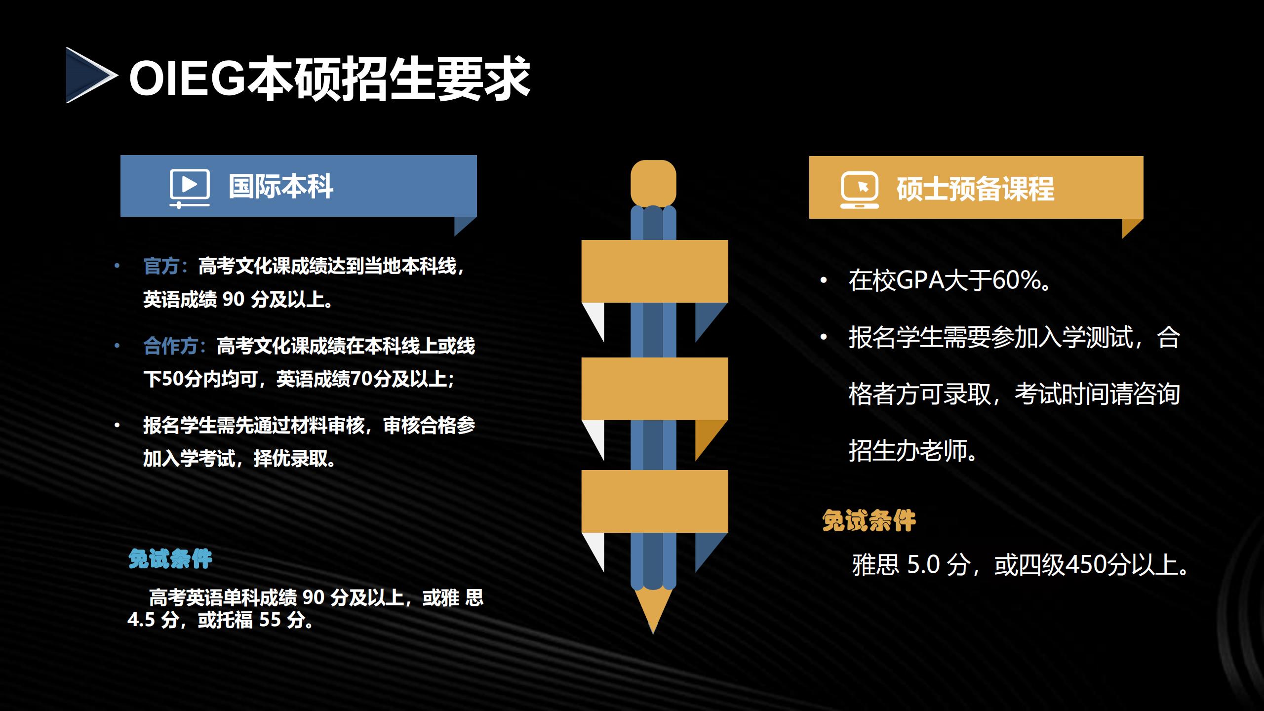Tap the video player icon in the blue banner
190,188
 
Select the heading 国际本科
281,187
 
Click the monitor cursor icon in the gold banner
860,190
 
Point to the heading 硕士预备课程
975,189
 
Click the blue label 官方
161,266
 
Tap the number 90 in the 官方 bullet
233,299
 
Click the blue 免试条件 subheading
170,559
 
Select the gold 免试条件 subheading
869,521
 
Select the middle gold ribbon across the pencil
655,389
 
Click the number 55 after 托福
270,620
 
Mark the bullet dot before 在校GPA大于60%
823,281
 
